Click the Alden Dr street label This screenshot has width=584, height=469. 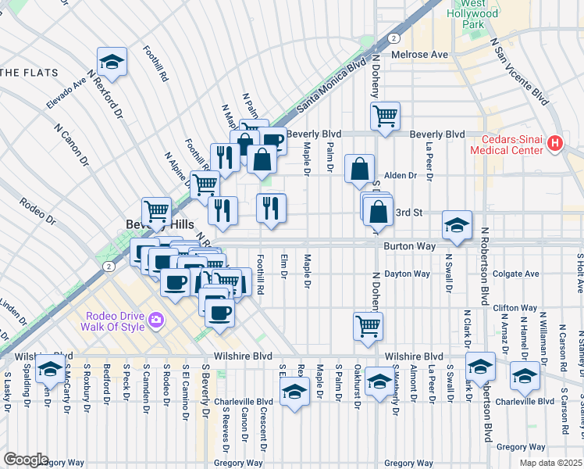[401, 176]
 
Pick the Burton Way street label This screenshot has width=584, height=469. [402, 245]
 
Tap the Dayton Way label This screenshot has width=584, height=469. [411, 274]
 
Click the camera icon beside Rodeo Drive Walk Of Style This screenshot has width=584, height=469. [156, 319]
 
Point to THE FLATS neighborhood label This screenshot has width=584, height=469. [29, 73]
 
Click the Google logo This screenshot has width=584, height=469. [25, 460]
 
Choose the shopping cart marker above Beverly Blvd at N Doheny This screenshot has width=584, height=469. [386, 116]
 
